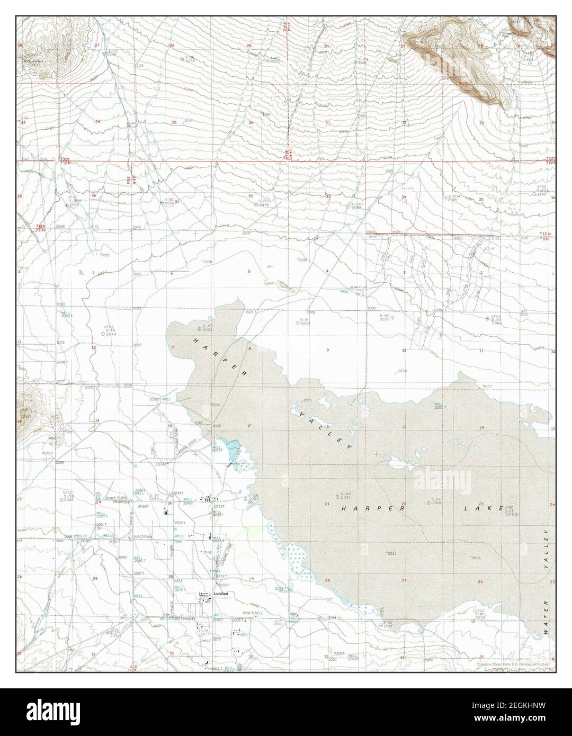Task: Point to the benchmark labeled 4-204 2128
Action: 452,198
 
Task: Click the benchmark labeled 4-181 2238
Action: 190,59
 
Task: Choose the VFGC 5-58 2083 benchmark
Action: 68,498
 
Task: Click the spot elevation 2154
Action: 189,120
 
